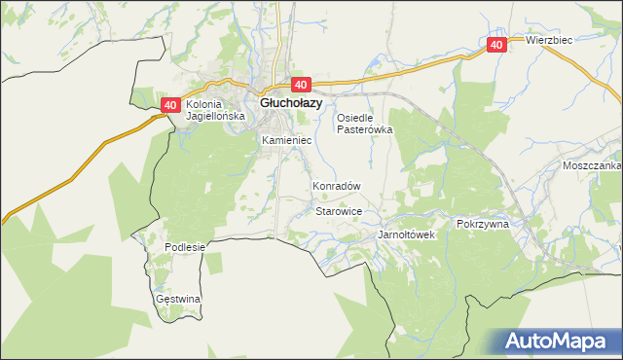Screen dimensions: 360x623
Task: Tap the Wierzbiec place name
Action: point(548,41)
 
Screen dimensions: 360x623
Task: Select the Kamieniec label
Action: point(286,141)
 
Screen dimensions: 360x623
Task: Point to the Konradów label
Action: point(337,185)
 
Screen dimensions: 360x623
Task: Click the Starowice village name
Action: point(340,211)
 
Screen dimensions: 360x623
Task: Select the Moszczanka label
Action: point(592,166)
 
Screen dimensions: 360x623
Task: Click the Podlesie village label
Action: point(185,247)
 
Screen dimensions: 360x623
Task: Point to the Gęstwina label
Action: point(177,299)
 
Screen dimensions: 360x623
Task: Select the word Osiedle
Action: point(356,118)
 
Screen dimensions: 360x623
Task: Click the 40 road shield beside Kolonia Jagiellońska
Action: point(170,105)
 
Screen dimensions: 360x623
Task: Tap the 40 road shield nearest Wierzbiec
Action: point(496,45)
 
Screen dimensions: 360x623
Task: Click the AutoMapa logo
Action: point(556,341)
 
